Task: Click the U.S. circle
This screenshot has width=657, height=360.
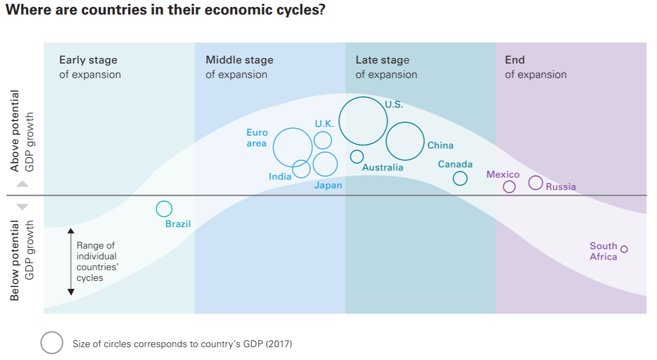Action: (x=363, y=121)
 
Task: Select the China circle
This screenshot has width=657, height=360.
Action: (x=405, y=142)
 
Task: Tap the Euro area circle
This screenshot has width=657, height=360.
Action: (x=293, y=147)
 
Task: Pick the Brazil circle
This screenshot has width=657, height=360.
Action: (x=164, y=209)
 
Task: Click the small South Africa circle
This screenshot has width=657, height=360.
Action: (x=624, y=249)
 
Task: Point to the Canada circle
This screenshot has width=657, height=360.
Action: (x=460, y=178)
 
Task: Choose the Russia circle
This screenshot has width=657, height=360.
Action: (x=535, y=183)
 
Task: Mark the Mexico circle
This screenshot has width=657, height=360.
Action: (x=509, y=187)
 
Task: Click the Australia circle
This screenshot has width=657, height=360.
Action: (x=357, y=157)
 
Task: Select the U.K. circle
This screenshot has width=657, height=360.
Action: (x=323, y=140)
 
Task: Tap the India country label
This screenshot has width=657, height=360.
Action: (x=280, y=177)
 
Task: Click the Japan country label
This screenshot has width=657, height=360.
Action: (x=328, y=186)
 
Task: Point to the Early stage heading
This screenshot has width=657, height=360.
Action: (x=88, y=60)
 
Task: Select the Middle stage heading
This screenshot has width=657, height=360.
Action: (x=240, y=60)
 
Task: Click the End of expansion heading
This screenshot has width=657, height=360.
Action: (x=515, y=60)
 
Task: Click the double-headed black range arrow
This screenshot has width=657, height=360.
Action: (x=71, y=262)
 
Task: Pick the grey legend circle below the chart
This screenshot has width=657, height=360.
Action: (x=52, y=343)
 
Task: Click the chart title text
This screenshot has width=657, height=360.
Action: (x=165, y=10)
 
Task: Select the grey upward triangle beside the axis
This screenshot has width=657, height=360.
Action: (x=22, y=184)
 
